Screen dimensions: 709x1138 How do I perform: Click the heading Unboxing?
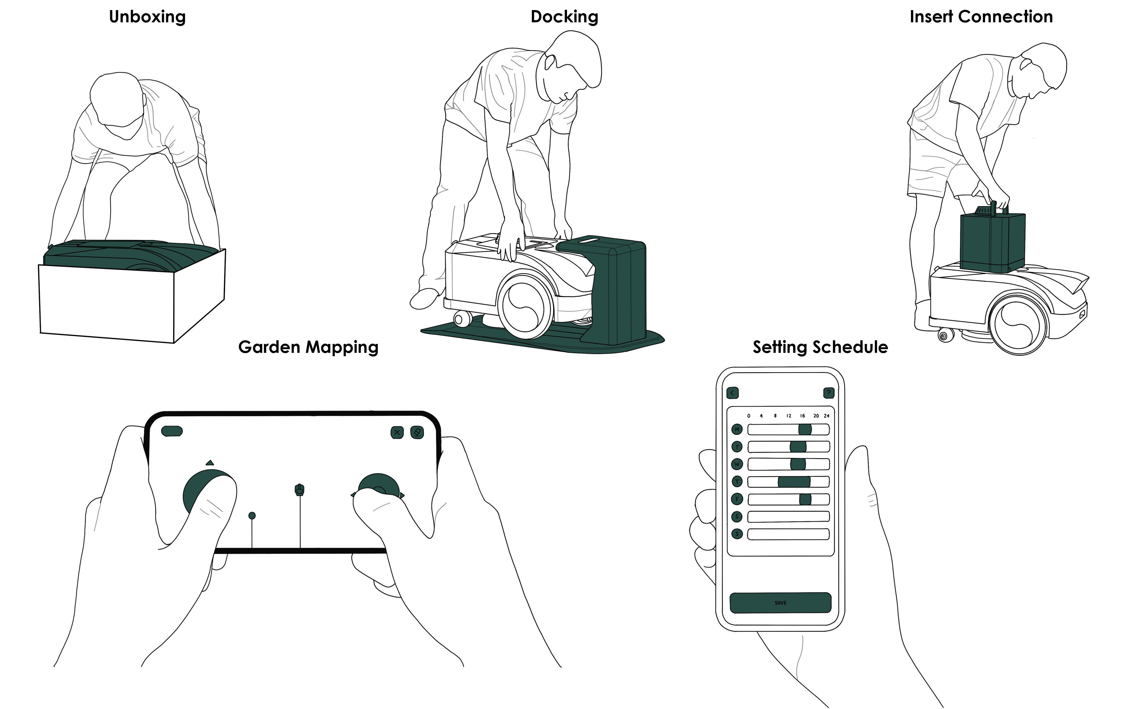[147, 17]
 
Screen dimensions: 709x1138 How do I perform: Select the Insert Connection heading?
[981, 17]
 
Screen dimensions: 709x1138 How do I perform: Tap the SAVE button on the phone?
[780, 603]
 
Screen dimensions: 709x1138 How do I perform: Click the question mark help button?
[828, 393]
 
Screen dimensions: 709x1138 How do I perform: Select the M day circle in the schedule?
[737, 430]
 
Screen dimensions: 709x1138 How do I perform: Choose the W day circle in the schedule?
[737, 464]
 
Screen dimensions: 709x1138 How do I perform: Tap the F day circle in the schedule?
[737, 499]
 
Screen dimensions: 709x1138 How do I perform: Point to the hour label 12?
[788, 416]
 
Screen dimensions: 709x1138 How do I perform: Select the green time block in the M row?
[805, 430]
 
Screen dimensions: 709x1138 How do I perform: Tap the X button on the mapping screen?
[397, 432]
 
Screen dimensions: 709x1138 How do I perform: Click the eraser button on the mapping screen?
[417, 432]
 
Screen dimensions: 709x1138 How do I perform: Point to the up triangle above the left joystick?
[210, 463]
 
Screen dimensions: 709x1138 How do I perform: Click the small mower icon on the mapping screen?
[299, 490]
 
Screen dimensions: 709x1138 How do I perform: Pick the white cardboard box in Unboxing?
[108, 300]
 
